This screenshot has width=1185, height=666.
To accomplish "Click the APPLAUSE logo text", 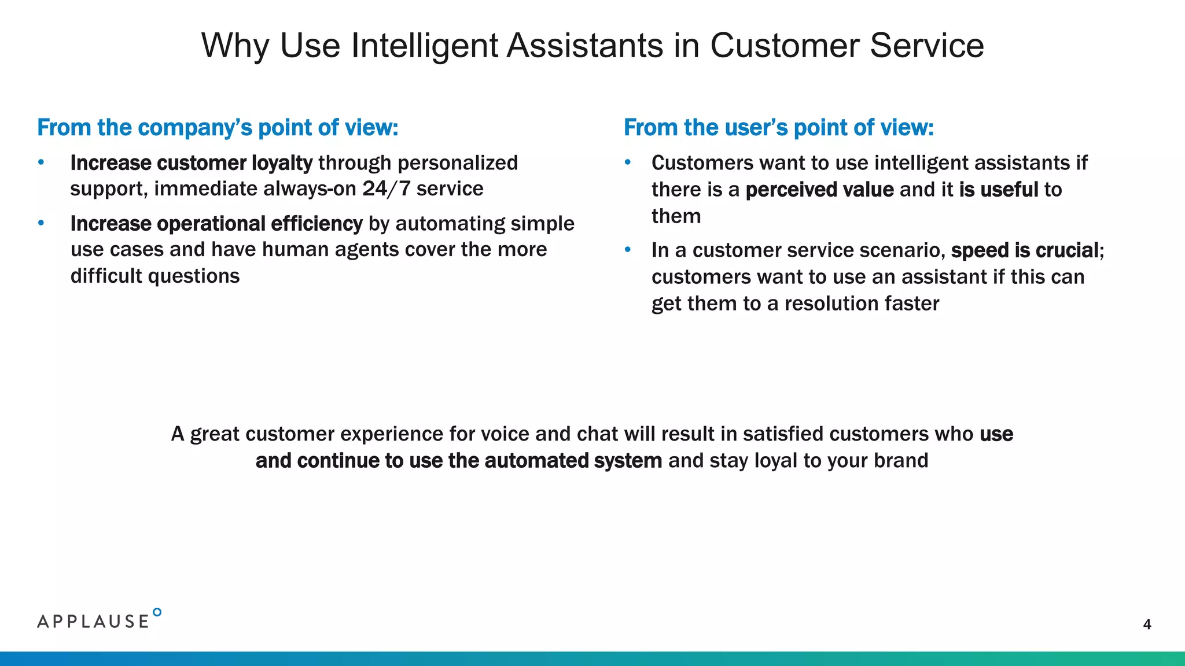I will pos(93,621).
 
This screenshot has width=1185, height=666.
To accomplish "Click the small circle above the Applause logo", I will pos(157,612).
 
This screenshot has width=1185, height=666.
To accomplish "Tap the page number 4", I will pos(1147,624).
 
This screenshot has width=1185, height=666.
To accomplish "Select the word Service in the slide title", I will pos(926,46).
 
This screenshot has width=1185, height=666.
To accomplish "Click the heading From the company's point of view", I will pos(218,128).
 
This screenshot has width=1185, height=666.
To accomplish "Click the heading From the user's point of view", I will pos(778,128).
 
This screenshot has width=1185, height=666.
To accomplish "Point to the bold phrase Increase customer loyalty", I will pos(191,163).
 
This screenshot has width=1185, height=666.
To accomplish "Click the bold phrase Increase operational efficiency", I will pos(216,224).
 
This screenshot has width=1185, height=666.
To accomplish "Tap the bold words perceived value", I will pos(819,190).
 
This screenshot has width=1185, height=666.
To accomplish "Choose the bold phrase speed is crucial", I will pos(1025,250).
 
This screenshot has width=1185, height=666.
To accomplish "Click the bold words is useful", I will pos(999,190).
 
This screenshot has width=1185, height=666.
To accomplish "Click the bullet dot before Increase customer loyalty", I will pos(41,162).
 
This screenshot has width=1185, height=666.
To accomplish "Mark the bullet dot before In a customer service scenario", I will pos(628,250).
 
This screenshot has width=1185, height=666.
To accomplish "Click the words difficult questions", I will pos(155,276).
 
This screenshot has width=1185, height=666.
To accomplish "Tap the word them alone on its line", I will pos(676,216).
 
